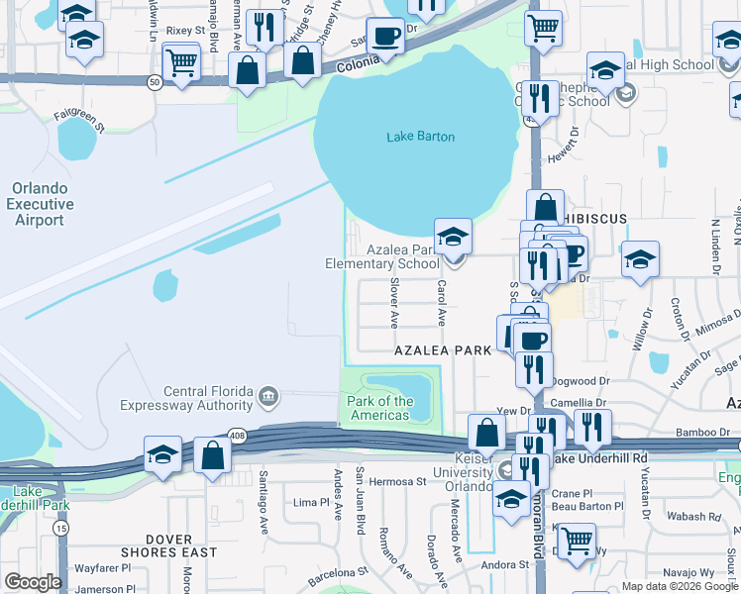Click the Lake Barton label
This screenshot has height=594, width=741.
(420, 137)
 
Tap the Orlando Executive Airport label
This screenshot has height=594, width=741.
(41, 204)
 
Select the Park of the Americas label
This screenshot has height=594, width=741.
(380, 408)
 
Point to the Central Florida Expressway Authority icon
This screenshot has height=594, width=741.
(268, 397)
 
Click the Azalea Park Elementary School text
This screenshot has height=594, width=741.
(382, 256)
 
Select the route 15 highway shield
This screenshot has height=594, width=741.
(61, 529)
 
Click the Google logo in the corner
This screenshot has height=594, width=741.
(33, 582)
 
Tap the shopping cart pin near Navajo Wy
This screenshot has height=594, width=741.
(576, 541)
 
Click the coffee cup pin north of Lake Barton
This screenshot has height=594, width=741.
(385, 37)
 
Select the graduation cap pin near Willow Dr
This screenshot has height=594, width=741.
(640, 260)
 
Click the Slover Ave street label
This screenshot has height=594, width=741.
(394, 303)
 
